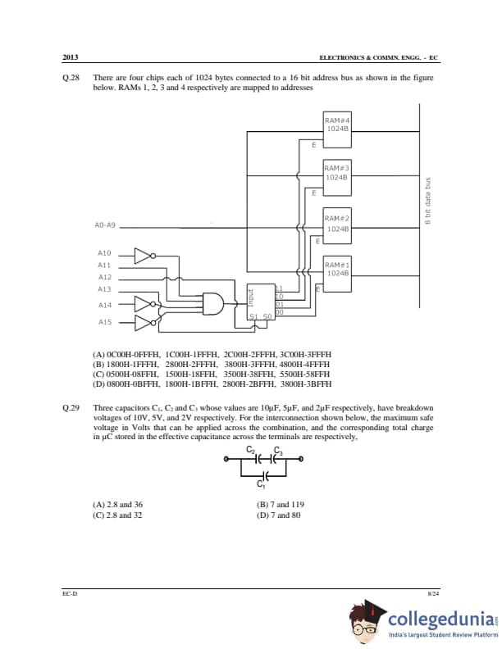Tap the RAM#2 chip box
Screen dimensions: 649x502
point(337,222)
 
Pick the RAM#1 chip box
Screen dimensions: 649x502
point(337,270)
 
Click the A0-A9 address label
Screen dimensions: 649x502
point(106,225)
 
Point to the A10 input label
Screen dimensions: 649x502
point(104,254)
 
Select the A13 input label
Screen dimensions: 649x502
point(104,289)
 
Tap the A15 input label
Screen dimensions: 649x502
point(104,322)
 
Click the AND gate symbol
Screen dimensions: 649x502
point(214,303)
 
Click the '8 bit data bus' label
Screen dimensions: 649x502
point(427,200)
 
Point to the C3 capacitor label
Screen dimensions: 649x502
point(278,451)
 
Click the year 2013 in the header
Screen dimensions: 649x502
point(70,58)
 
